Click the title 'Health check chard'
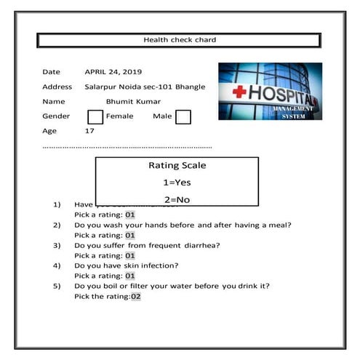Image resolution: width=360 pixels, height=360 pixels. point(180,40)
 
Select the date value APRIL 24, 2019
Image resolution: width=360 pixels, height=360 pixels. point(113,72)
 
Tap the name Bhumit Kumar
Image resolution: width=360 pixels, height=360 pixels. point(133,101)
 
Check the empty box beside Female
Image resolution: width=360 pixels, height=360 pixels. point(95,116)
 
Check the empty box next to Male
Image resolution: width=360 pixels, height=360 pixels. point(183,116)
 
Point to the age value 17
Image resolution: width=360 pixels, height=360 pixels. point(90,131)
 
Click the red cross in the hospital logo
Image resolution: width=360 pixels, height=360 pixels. point(239,92)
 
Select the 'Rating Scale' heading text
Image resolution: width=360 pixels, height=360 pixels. point(177,165)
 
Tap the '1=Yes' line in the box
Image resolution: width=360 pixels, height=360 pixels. point(177,183)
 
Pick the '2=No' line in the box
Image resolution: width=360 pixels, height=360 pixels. point(177,199)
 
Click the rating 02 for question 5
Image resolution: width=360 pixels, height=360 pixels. point(136,297)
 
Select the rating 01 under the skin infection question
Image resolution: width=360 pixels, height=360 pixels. point(130,276)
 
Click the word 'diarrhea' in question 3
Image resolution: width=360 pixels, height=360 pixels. point(196,245)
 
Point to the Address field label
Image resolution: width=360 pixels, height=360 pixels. point(57,87)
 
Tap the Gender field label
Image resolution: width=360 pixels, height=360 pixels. point(56,116)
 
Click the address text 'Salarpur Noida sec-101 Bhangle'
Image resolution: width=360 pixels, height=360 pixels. point(145,87)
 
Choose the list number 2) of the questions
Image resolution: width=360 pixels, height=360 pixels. point(57,225)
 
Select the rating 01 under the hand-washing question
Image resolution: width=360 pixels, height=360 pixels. point(130,236)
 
